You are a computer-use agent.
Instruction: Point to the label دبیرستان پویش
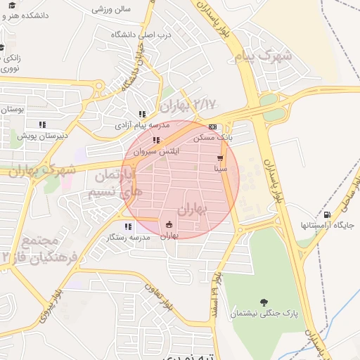[x=41, y=135]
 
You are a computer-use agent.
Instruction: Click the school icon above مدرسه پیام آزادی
[x=142, y=114]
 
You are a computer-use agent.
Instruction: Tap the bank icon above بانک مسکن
[x=212, y=127]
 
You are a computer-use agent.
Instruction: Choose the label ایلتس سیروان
[x=156, y=151]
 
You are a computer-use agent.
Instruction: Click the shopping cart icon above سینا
[x=220, y=158]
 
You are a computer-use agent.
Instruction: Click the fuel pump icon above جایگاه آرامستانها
[x=326, y=214]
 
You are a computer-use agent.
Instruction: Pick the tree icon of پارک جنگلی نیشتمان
[x=264, y=302]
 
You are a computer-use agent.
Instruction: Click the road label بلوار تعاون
[x=160, y=295]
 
